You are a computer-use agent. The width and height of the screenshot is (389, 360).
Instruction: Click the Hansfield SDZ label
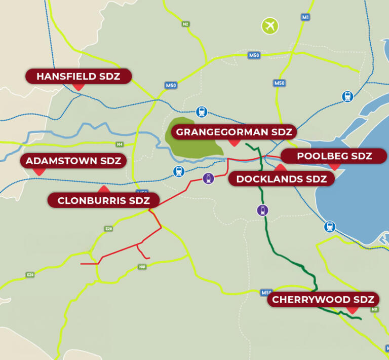[x=79, y=77]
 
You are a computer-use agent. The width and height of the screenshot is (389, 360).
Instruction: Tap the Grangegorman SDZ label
[x=234, y=132]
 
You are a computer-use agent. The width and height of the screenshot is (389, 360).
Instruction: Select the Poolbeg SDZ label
[x=334, y=156]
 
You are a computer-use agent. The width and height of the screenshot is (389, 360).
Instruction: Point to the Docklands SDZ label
[x=281, y=179]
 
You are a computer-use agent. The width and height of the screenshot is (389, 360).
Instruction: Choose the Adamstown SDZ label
[x=73, y=161]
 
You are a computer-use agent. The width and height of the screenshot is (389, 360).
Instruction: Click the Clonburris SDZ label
[x=103, y=200]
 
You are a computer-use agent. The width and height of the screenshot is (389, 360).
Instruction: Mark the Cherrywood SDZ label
[x=323, y=300]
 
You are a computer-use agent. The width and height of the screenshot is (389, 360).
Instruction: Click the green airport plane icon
[x=270, y=26]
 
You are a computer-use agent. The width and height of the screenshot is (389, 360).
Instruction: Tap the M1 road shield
[x=305, y=17]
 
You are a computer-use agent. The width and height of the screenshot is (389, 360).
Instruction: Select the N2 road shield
[x=185, y=24]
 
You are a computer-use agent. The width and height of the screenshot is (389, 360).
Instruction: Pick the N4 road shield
[x=120, y=145]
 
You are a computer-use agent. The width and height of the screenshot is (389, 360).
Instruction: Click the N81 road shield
[x=142, y=267]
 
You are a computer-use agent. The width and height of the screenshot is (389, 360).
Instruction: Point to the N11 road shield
[x=375, y=309]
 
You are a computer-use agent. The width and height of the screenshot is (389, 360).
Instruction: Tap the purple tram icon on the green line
[x=262, y=210]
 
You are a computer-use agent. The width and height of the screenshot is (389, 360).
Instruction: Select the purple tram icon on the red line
[x=208, y=178]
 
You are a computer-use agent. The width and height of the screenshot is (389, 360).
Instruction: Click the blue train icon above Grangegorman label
[x=202, y=112]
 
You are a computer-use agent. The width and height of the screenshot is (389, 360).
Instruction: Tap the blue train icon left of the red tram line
[x=179, y=171]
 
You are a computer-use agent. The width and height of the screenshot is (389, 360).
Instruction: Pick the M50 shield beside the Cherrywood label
[x=266, y=293]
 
